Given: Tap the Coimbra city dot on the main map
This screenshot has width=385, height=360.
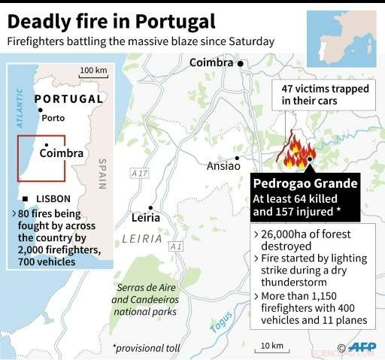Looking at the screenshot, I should (241, 64).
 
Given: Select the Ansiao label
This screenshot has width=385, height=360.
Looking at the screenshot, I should (223, 165).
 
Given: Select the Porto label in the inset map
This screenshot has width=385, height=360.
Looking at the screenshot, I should (53, 118).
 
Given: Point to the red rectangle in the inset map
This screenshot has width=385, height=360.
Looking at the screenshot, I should (42, 158).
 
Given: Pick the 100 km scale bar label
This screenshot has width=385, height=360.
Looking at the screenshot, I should (92, 71).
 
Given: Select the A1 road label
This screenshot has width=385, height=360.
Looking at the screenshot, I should (176, 247).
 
